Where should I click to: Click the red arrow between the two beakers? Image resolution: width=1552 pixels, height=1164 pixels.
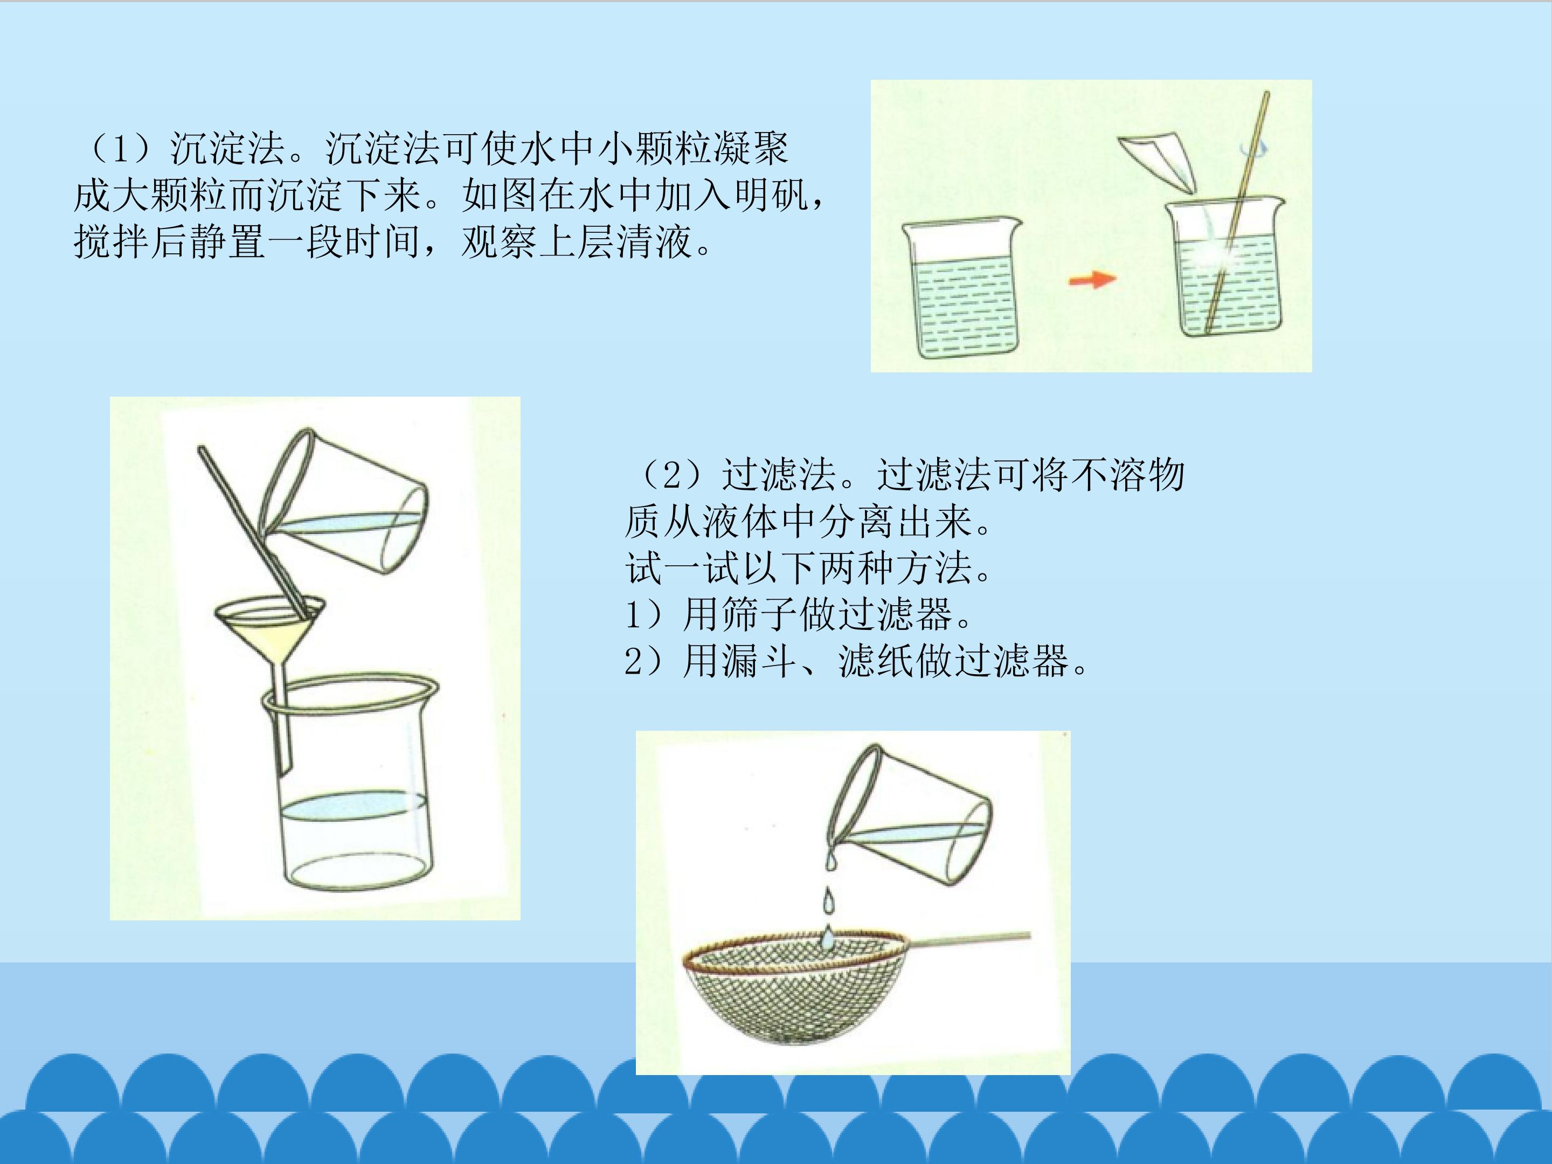coord(1092,279)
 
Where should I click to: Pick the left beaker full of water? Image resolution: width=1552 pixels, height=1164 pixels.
coord(962,288)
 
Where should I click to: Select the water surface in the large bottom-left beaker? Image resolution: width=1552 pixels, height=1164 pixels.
coord(353,806)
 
